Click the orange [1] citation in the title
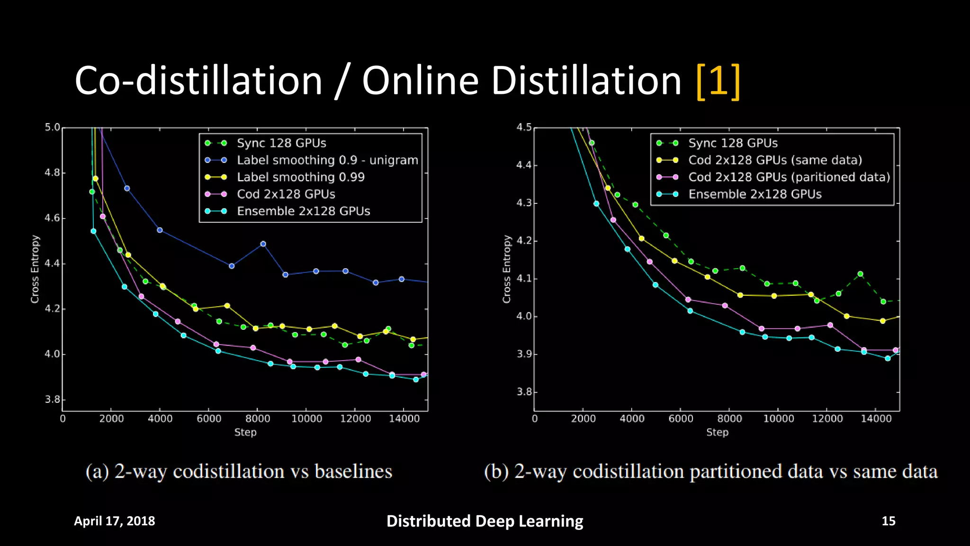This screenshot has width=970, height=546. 718,82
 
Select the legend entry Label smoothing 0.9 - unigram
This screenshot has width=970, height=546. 327,160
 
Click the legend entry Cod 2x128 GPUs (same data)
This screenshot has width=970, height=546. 774,160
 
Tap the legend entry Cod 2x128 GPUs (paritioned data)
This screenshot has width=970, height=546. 789,177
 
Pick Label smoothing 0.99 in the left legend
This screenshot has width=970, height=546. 300,177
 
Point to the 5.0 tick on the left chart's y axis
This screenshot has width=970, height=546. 53,127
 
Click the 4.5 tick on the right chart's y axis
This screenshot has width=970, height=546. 524,127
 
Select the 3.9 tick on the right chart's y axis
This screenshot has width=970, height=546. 524,354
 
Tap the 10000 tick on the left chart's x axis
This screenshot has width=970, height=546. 306,419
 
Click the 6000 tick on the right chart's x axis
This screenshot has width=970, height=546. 681,419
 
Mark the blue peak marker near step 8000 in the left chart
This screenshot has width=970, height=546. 263,244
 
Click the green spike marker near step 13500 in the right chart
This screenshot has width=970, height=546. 860,274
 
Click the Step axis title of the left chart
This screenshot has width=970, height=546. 245,432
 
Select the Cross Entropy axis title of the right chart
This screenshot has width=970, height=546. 507,269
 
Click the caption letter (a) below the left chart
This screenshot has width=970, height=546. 97,472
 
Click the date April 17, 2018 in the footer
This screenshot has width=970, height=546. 114,521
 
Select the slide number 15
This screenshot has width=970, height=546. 888,521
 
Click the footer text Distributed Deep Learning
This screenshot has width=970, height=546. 485,521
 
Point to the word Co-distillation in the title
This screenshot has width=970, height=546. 198,82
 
